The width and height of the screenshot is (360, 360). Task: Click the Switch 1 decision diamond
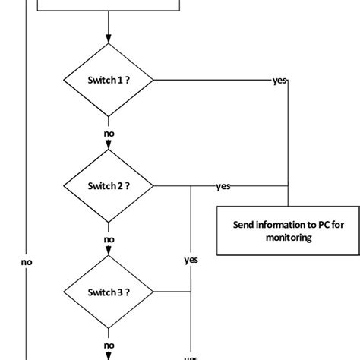tap(109, 80)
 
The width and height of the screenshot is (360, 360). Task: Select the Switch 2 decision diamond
tap(109, 185)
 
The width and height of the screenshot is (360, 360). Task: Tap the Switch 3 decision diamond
tap(109, 292)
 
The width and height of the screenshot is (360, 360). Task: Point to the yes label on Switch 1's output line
tap(279, 80)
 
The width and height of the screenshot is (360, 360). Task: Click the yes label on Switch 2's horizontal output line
tap(223, 185)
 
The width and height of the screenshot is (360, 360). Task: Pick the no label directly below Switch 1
tap(109, 133)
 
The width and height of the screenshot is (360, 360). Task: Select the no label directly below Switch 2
tap(109, 238)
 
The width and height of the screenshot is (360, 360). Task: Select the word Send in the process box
tap(242, 225)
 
